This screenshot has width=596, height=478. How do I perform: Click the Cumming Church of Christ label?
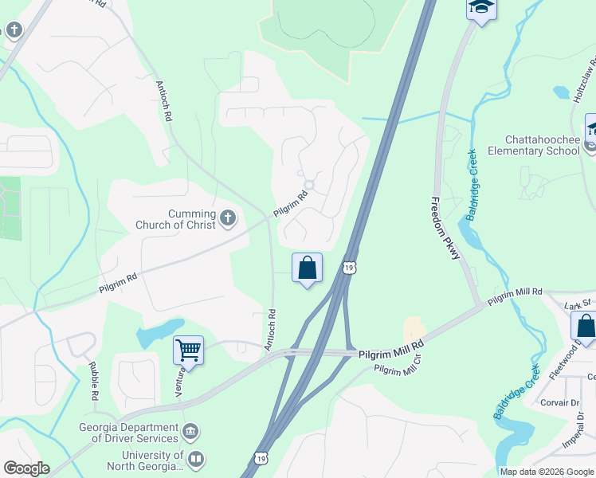click(x=191, y=219)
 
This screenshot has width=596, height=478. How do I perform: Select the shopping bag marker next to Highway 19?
click(x=307, y=268)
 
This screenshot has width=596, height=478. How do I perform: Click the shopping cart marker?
click(x=188, y=349)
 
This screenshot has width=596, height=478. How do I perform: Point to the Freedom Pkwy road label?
click(x=445, y=228)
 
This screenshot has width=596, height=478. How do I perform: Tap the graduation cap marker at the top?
click(x=481, y=8)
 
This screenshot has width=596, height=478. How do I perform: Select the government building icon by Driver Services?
click(x=190, y=433)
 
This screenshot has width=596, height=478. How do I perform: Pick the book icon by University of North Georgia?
click(x=196, y=460)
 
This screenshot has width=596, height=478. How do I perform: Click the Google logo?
click(x=27, y=468)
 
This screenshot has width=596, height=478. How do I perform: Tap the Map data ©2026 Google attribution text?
click(x=547, y=472)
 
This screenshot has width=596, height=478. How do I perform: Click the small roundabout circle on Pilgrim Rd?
click(x=309, y=185)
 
